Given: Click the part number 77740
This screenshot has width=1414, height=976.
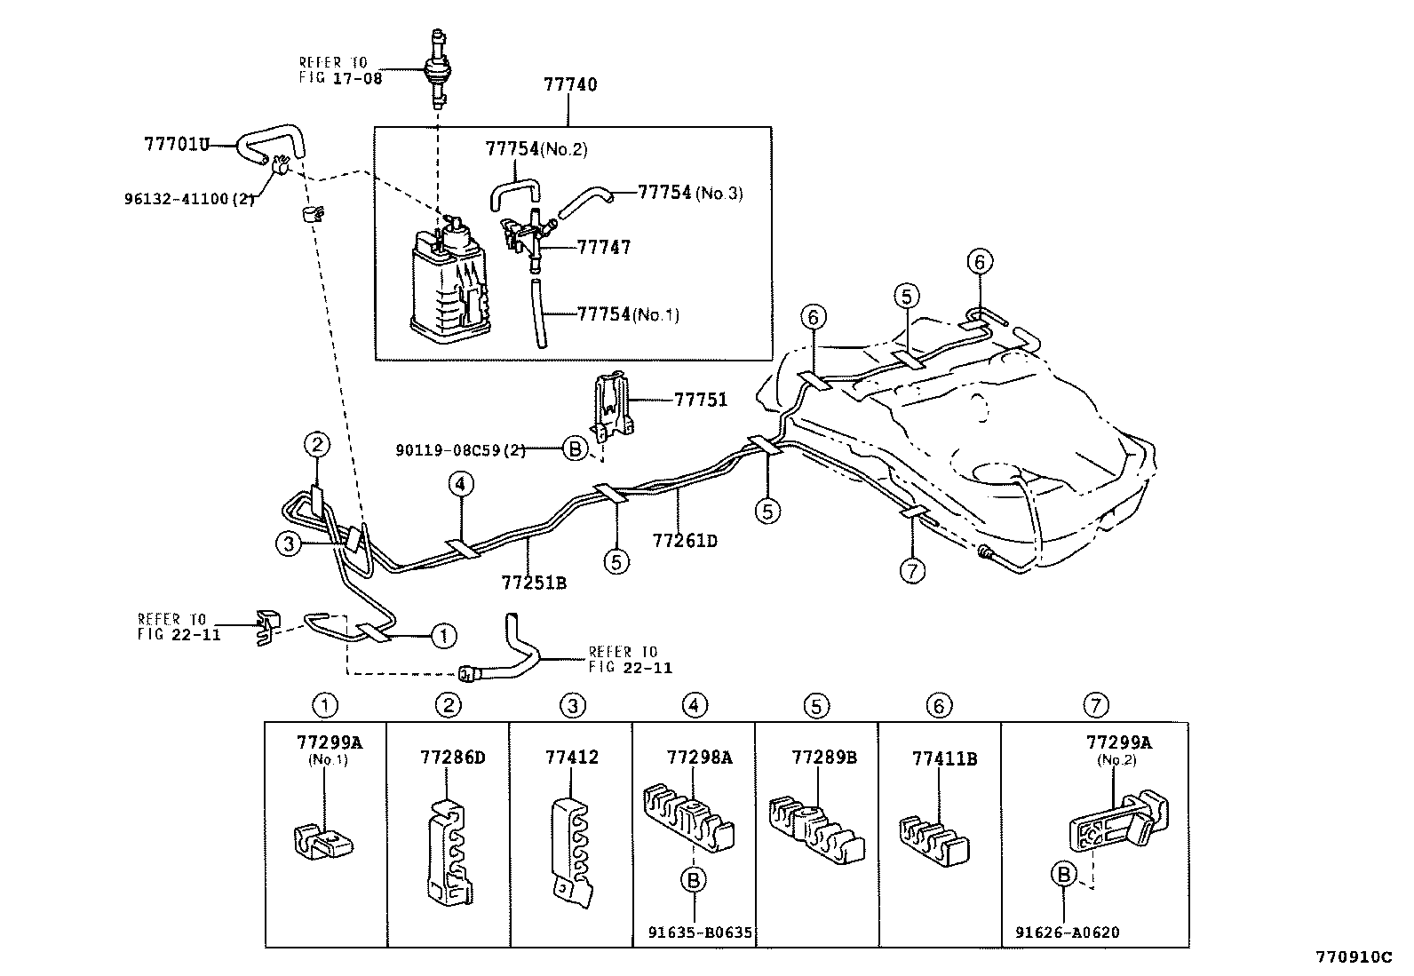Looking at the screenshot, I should (x=570, y=85).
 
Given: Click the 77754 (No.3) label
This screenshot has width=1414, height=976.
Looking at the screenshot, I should (x=689, y=193).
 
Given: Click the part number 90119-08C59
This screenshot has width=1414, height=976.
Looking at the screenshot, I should (x=460, y=450).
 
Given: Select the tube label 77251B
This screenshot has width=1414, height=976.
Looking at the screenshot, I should (x=534, y=583).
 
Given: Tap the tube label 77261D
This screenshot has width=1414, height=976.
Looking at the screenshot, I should (x=684, y=540).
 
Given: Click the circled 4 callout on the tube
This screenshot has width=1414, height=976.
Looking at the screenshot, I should (x=460, y=485).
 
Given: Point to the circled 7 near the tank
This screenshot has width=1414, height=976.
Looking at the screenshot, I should (x=912, y=571).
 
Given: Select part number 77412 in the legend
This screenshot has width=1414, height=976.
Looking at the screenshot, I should (x=571, y=758).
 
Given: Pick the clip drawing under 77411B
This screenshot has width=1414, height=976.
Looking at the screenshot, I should (x=933, y=839).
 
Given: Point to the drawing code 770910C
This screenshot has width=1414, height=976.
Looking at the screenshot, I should (x=1354, y=957).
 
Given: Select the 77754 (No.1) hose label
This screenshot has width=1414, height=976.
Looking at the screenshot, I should (x=627, y=313).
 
